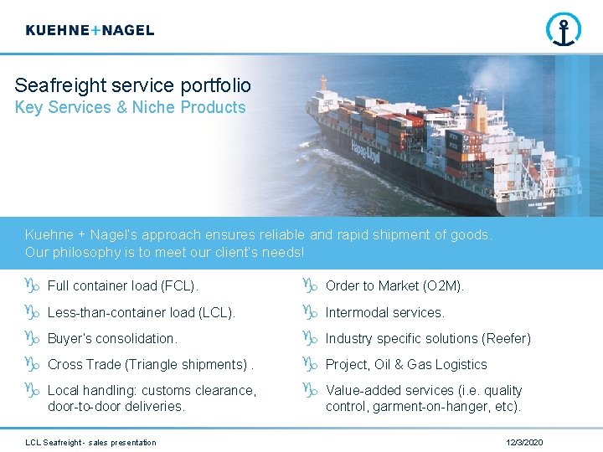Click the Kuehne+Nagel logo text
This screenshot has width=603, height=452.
click(90, 30)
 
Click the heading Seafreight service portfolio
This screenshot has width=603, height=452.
click(132, 85)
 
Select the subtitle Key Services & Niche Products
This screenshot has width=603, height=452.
click(130, 107)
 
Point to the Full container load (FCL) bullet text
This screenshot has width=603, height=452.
click(122, 286)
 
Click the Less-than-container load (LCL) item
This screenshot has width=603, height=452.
click(141, 312)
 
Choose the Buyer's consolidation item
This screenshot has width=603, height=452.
click(112, 339)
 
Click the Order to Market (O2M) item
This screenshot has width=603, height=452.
click(394, 286)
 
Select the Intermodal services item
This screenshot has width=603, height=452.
click(384, 312)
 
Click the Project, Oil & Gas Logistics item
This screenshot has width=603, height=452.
click(405, 365)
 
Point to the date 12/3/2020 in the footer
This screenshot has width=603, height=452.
click(524, 442)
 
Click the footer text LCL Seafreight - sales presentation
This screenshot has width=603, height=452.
click(90, 442)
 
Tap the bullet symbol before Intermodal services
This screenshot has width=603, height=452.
click(310, 312)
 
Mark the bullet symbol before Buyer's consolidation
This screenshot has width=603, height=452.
click(33, 339)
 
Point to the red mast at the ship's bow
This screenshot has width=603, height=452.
click(323, 83)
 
